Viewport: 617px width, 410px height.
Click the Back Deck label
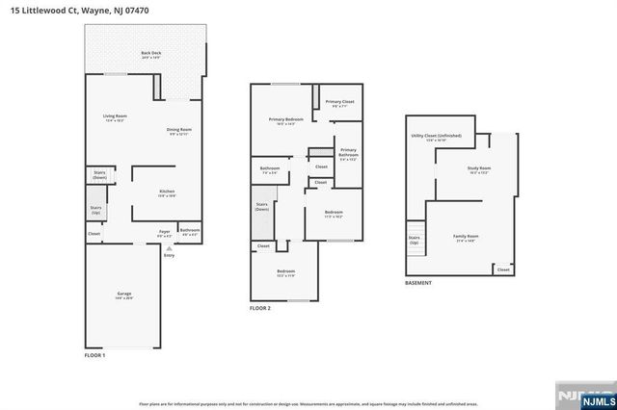149,55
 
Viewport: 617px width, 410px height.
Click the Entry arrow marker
170,248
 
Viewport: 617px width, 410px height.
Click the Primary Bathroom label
348,152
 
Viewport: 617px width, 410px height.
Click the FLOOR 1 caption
94,356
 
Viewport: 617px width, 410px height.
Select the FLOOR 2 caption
260,308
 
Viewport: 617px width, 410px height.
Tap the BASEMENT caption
418,283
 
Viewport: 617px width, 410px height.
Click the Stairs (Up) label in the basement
414,239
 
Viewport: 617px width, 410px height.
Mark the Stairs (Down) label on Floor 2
261,207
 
